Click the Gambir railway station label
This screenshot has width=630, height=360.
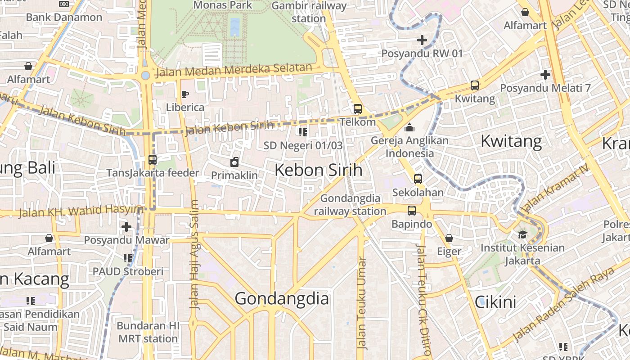coord(309,12)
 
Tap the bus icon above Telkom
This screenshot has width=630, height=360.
coord(357,108)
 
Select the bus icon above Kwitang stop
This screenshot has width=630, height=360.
coord(474,85)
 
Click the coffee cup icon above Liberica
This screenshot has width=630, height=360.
coord(184,94)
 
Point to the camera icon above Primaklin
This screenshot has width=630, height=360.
coord(234,162)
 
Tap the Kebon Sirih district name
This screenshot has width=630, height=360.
coord(318,170)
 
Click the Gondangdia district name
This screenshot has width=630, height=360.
coord(282,299)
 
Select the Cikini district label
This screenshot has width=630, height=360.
coord(495,302)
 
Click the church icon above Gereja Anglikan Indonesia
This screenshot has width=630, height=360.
coord(409,128)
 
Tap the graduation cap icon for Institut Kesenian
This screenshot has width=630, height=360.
coord(522,234)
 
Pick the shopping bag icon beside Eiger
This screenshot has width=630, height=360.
coord(449,238)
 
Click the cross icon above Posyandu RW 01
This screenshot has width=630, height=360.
coord(422,40)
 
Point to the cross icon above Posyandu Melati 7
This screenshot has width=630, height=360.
coord(545,74)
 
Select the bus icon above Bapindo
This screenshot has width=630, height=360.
coord(411,210)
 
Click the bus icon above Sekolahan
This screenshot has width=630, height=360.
coord(418,179)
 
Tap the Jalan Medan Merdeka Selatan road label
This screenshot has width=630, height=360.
coord(233,70)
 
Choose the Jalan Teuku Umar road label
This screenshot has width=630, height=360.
coord(361,303)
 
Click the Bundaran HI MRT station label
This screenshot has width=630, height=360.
coord(148,332)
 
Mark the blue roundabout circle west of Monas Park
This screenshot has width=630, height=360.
coord(145,75)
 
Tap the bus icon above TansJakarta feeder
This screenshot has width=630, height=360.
coord(152,159)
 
